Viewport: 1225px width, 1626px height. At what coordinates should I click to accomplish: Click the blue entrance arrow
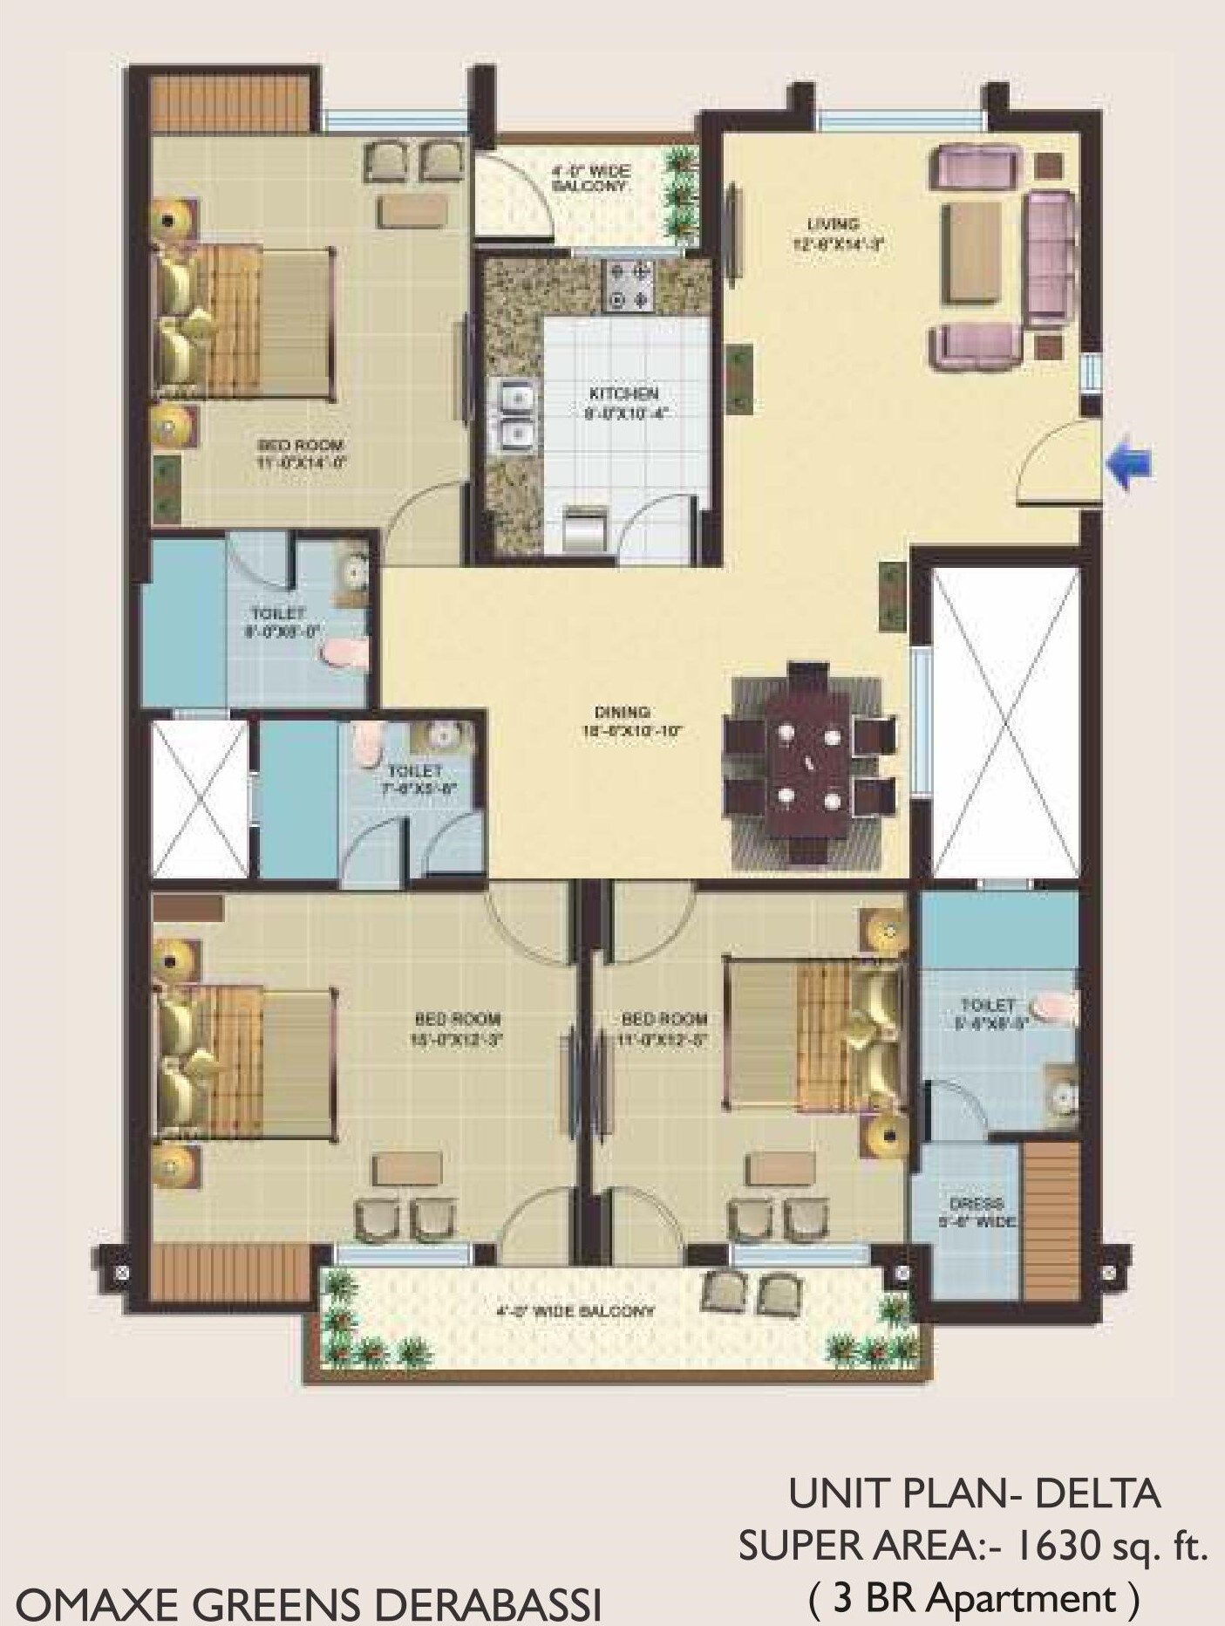pos(1130,463)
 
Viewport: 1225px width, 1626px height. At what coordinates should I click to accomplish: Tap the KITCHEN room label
pos(623,403)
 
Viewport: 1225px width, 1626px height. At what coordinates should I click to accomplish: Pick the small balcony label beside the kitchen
pos(591,180)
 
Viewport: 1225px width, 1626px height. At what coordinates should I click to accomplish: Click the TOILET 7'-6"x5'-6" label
pos(415,780)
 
